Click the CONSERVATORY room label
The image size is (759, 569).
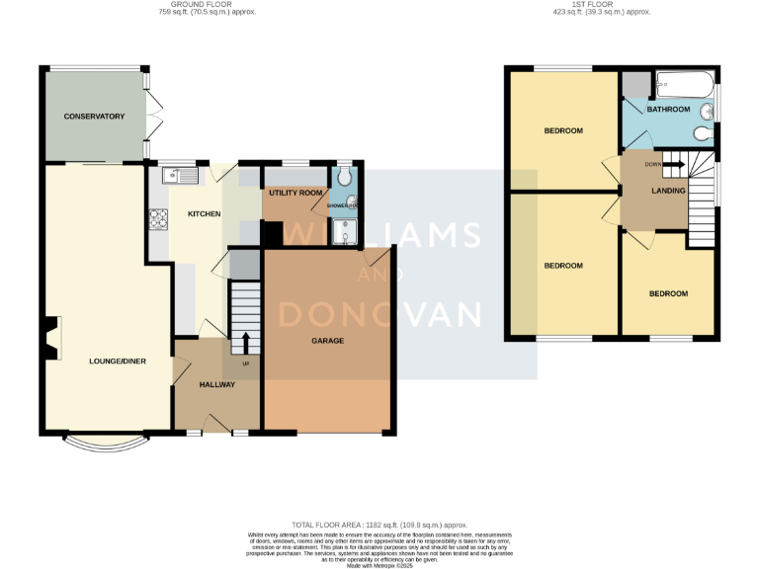[94, 117]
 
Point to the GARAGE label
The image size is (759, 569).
[328, 341]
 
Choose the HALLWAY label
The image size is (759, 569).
[216, 384]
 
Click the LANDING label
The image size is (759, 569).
[668, 191]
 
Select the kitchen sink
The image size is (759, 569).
[182, 176]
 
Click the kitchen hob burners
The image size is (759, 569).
[158, 219]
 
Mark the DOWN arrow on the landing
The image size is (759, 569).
[673, 165]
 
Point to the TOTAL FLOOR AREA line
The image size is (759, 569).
[379, 525]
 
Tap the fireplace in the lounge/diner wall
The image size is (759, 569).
[52, 336]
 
